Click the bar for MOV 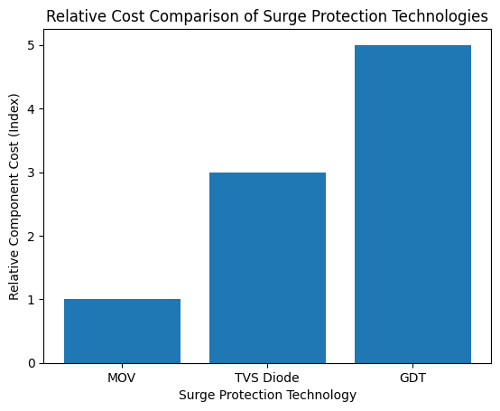(x=122, y=331)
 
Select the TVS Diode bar (x=267, y=267)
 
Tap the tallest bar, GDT (x=412, y=204)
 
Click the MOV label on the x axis (x=122, y=377)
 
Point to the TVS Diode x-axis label (x=267, y=377)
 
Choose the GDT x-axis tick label (x=412, y=377)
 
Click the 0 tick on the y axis (x=32, y=363)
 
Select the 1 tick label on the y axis (x=32, y=300)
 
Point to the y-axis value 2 (x=32, y=237)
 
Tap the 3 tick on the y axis (x=32, y=173)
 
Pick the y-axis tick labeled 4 (x=32, y=109)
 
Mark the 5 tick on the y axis (x=32, y=46)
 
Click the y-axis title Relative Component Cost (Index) (x=14, y=203)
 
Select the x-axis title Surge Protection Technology (x=267, y=395)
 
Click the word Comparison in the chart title (x=175, y=16)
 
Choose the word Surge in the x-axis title (x=196, y=395)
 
